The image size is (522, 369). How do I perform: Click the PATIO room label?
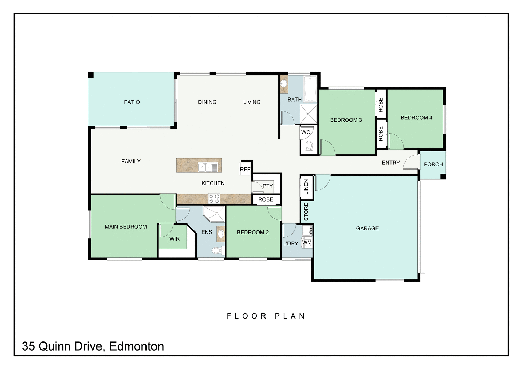(132, 102)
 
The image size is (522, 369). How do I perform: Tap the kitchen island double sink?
(205, 167)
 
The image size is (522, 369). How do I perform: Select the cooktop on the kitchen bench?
(214, 199)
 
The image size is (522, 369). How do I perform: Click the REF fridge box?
(245, 169)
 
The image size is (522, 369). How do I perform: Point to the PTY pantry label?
(268, 186)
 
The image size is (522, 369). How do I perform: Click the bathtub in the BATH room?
(310, 89)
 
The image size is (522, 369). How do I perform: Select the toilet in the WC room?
(309, 148)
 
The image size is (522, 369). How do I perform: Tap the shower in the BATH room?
(309, 113)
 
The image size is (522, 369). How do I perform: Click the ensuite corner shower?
(214, 213)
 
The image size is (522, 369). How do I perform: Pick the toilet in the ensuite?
(217, 250)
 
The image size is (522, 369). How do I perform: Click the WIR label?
(174, 239)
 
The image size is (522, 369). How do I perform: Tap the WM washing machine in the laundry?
(307, 243)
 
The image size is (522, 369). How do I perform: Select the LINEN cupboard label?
(306, 187)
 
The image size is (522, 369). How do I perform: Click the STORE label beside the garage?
(306, 212)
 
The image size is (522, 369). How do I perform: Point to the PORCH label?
(433, 164)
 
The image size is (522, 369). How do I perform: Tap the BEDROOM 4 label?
(416, 118)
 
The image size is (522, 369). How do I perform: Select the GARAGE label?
(367, 228)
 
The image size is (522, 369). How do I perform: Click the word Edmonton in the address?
(136, 346)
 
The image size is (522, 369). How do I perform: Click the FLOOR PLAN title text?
(266, 316)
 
